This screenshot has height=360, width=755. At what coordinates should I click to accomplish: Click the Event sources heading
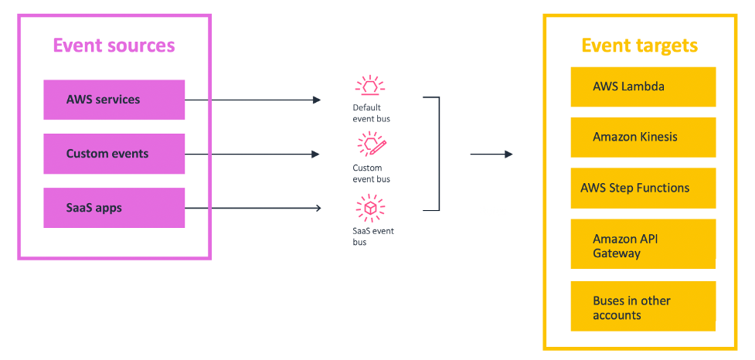point(114,45)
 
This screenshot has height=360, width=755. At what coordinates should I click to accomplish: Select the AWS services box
point(114,100)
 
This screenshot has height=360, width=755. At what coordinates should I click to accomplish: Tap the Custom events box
point(114,154)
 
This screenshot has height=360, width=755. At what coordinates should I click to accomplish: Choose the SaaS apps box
point(114,208)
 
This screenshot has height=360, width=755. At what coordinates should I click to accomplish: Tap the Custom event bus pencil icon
point(370,144)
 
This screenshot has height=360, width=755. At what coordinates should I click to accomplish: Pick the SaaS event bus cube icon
point(369,207)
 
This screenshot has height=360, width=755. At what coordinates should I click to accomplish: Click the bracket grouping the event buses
point(437,154)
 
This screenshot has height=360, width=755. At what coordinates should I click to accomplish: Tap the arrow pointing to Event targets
point(491,154)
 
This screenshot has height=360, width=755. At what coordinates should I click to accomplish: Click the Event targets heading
point(639,46)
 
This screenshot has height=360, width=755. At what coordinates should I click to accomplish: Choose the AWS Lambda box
point(643,87)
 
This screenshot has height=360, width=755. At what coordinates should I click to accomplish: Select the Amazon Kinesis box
point(643,138)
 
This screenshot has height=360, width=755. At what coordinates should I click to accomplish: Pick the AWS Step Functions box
point(643,188)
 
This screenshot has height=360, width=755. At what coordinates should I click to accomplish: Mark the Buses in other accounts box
point(643,307)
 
